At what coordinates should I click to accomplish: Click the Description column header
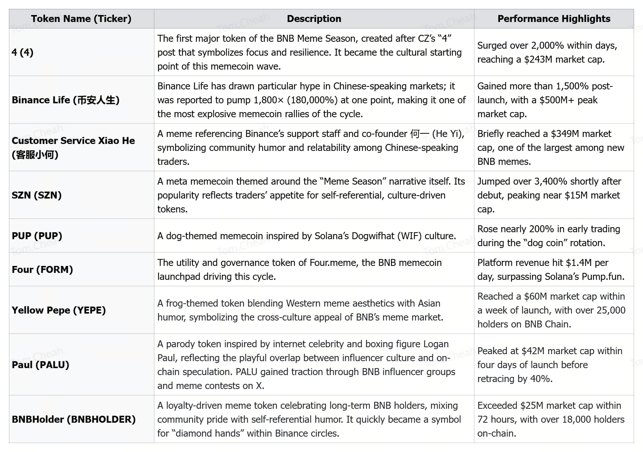coord(314,19)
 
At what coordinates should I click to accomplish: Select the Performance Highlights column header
coord(554,19)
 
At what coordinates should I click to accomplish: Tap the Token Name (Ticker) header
coord(81,19)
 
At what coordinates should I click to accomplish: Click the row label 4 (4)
coord(23,52)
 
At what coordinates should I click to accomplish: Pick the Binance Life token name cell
coord(66,100)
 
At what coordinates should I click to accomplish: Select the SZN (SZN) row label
coord(37,195)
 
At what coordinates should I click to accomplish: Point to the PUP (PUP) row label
coord(37,236)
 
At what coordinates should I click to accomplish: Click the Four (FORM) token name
coord(42,270)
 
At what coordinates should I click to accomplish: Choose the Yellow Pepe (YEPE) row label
coord(59,310)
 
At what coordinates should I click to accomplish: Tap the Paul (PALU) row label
coord(41,365)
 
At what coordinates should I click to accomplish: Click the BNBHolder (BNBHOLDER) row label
coord(74,419)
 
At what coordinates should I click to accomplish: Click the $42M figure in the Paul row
coord(532,351)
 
